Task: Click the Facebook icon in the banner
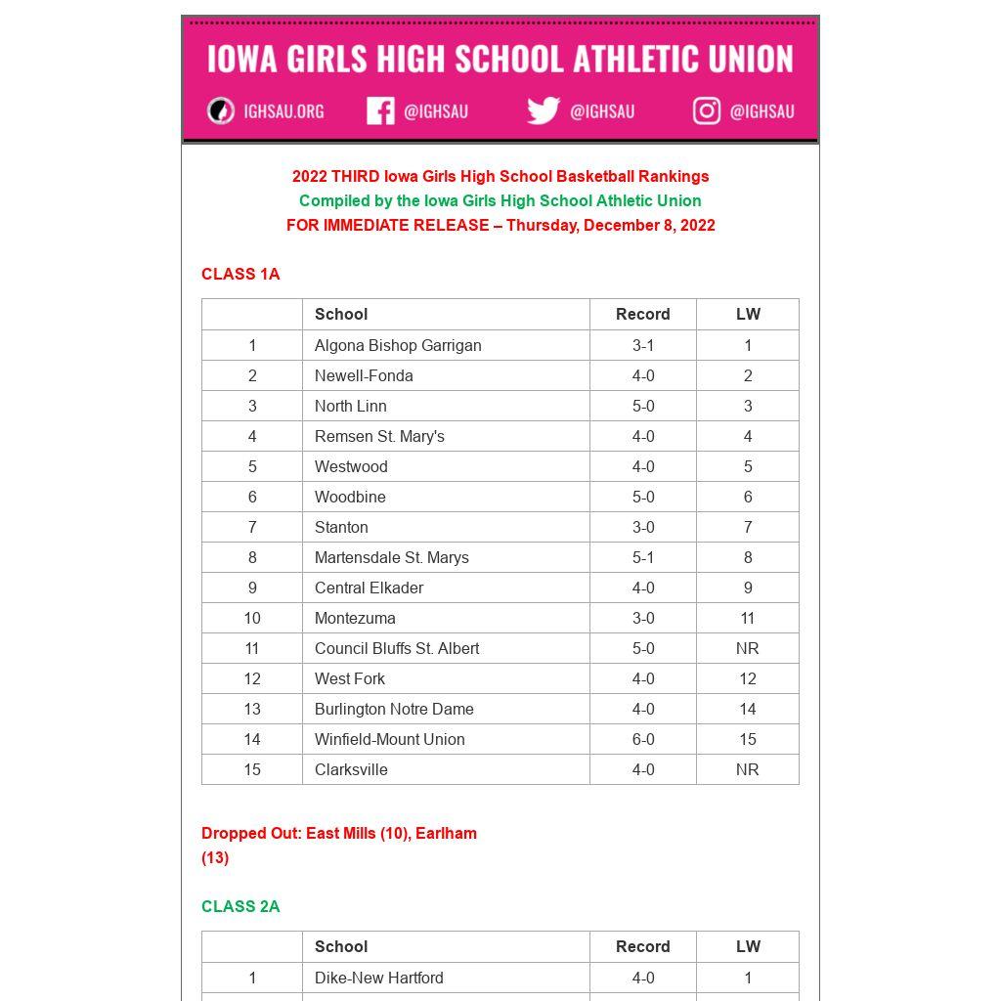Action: click(x=380, y=111)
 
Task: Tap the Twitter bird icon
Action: click(x=543, y=111)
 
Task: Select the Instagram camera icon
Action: click(x=707, y=111)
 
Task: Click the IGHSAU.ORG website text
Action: click(x=283, y=111)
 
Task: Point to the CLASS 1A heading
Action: click(x=240, y=274)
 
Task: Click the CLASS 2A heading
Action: click(x=240, y=906)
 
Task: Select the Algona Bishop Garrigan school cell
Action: click(x=398, y=345)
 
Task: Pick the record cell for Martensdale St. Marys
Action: click(x=643, y=557)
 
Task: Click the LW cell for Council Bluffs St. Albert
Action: click(x=748, y=648)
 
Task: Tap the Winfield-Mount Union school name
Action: click(x=390, y=739)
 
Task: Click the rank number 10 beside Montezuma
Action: click(x=252, y=618)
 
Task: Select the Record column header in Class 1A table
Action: click(x=643, y=314)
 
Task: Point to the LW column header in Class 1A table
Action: click(x=748, y=314)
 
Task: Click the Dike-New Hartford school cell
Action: click(x=379, y=978)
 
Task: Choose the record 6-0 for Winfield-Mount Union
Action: click(x=643, y=739)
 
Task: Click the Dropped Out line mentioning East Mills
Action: click(x=339, y=834)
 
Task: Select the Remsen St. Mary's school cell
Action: click(x=379, y=436)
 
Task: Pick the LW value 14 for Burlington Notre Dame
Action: click(x=748, y=709)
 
